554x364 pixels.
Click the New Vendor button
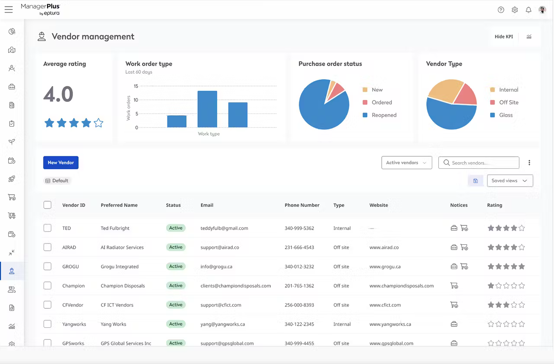(x=60, y=163)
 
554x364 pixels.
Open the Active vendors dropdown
(x=406, y=163)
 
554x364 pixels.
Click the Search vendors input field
(x=479, y=163)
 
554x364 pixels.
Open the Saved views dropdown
(x=510, y=180)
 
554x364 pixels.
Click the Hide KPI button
(x=503, y=37)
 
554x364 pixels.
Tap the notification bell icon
(x=529, y=10)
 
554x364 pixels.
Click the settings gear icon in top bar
(x=515, y=10)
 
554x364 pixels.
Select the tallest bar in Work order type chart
(x=207, y=109)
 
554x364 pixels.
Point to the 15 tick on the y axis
(x=136, y=86)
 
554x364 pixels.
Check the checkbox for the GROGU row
(x=47, y=266)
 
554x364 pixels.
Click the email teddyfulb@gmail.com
(x=224, y=228)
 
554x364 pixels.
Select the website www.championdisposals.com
(x=401, y=286)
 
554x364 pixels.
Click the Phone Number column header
(x=302, y=205)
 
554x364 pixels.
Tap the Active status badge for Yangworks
(x=176, y=324)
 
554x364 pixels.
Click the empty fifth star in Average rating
(x=98, y=123)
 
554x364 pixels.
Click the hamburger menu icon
(x=9, y=10)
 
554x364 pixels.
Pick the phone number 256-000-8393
(x=299, y=305)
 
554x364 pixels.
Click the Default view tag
(x=57, y=180)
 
